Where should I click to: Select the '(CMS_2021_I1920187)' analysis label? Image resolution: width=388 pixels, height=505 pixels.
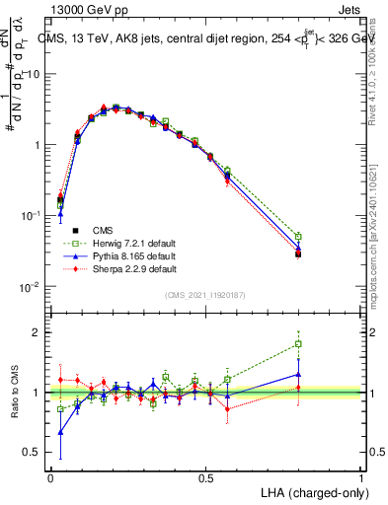click(x=204, y=296)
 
